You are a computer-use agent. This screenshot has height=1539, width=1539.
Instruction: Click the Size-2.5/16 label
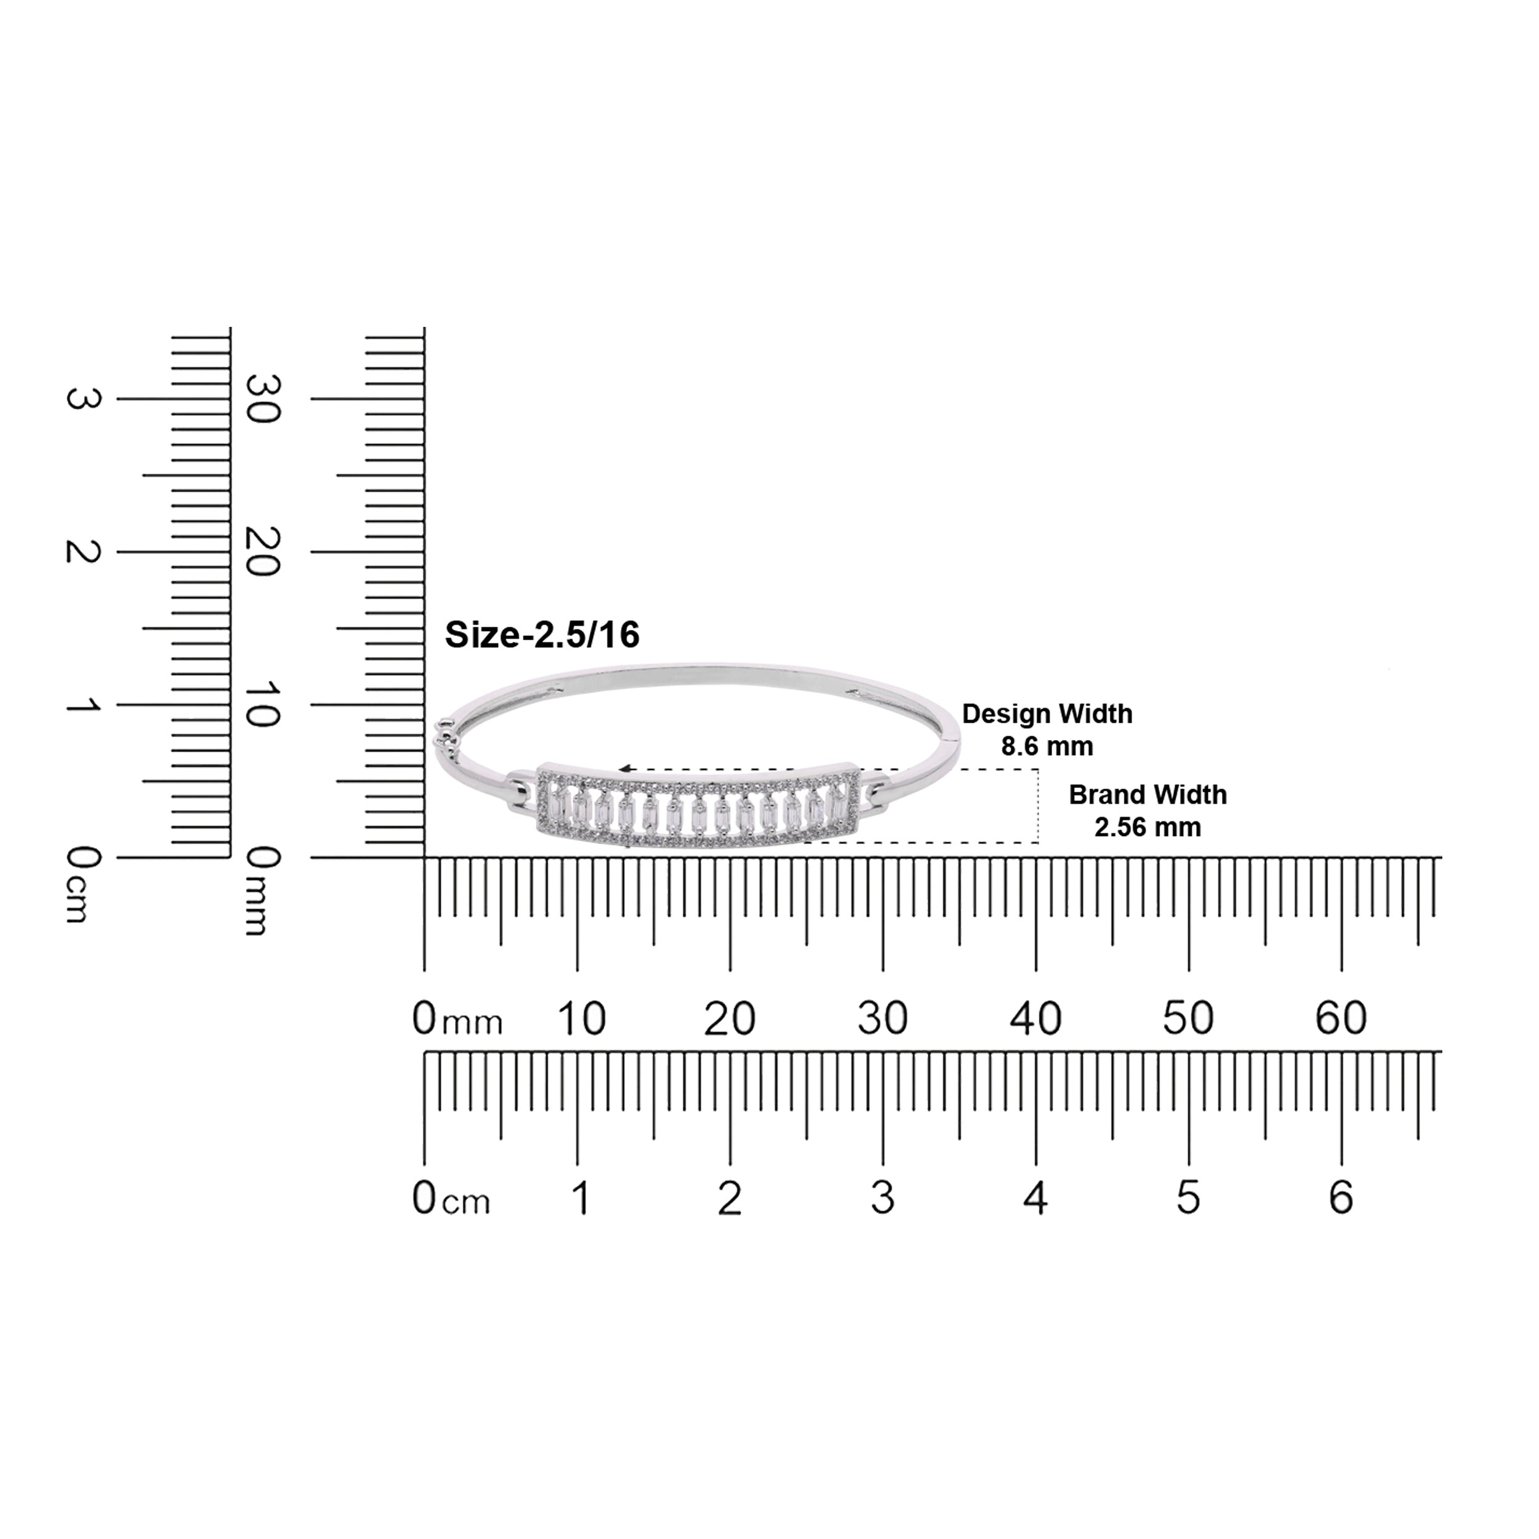coord(542,635)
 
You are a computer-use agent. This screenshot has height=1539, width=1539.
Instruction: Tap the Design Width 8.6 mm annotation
coord(1047,729)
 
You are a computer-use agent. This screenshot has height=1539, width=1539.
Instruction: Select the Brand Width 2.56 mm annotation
coord(1147,810)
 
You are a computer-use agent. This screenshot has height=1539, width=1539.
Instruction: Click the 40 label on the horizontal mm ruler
coord(1035,1018)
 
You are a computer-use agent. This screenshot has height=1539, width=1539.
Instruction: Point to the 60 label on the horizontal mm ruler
coord(1341,1018)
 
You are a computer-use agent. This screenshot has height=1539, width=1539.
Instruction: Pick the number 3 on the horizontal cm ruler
coord(883,1198)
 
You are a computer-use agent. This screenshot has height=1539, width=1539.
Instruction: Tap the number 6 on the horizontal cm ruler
coord(1341,1198)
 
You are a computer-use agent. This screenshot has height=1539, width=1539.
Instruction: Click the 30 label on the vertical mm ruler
coord(263,398)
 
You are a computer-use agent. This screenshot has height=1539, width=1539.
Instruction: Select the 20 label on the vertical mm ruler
coord(263,551)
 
